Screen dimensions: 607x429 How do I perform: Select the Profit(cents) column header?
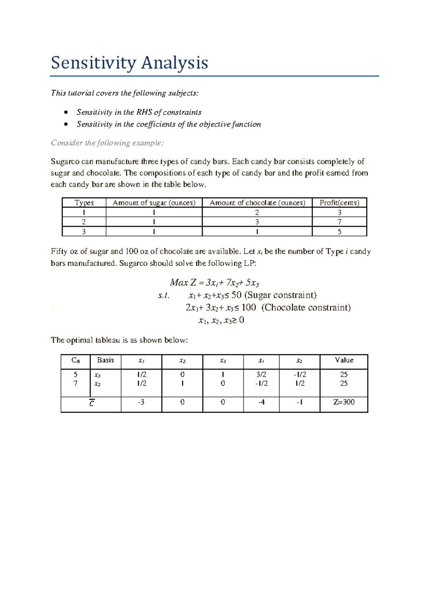[339, 203]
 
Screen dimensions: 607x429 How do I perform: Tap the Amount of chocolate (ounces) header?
[257, 203]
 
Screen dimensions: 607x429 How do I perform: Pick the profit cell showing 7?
[339, 222]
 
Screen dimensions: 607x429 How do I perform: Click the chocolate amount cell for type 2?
[257, 222]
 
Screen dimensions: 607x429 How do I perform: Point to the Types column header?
[84, 203]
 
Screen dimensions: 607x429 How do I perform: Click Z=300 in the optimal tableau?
[344, 402]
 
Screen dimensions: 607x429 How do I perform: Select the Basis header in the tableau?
[105, 360]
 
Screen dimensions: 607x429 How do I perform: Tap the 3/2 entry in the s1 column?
[261, 374]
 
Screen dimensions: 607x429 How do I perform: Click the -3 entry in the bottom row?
[141, 402]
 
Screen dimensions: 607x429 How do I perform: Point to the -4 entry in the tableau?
[261, 402]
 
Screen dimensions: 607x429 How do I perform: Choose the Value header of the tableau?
[344, 360]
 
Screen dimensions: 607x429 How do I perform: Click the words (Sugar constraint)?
[280, 295]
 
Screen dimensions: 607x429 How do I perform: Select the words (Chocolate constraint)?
[306, 307]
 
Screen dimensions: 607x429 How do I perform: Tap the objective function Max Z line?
[214, 283]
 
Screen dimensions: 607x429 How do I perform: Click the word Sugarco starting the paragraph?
[65, 161]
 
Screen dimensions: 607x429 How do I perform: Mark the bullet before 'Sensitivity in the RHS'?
[65, 112]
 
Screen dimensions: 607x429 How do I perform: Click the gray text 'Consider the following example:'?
[107, 143]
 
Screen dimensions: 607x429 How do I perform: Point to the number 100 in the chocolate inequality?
[248, 307]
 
